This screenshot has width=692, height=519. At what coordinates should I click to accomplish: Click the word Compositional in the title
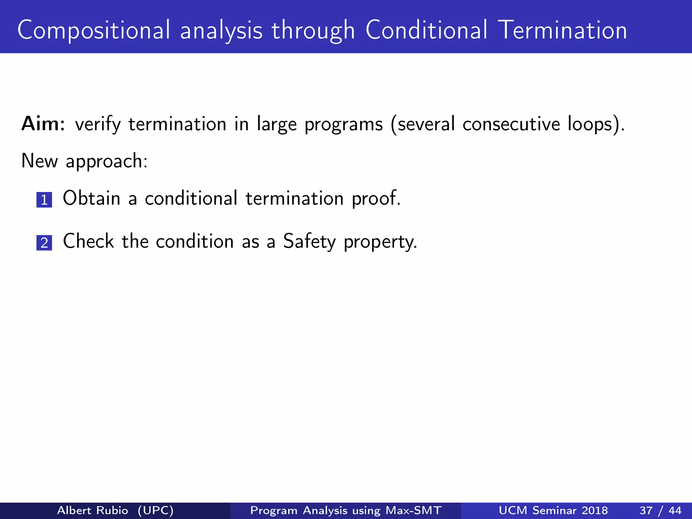pyautogui.click(x=94, y=30)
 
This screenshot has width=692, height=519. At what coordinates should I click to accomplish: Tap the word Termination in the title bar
pyautogui.click(x=563, y=30)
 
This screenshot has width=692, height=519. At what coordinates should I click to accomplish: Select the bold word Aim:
pyautogui.click(x=43, y=124)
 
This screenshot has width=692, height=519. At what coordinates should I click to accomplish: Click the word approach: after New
pyautogui.click(x=106, y=161)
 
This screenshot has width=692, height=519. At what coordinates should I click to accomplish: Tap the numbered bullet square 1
pyautogui.click(x=44, y=200)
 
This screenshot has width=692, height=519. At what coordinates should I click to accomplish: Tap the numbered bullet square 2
pyautogui.click(x=44, y=243)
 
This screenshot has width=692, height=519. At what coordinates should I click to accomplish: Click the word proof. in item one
pyautogui.click(x=376, y=199)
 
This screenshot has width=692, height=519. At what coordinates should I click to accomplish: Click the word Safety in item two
pyautogui.click(x=309, y=242)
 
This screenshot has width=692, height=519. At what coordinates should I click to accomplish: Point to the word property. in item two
pyautogui.click(x=380, y=243)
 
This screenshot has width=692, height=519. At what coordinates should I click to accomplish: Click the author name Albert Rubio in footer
pyautogui.click(x=93, y=510)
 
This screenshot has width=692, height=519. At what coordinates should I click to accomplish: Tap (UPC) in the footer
pyautogui.click(x=155, y=510)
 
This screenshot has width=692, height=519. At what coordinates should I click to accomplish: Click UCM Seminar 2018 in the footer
pyautogui.click(x=553, y=510)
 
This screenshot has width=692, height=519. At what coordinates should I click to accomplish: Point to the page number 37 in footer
pyautogui.click(x=646, y=510)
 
